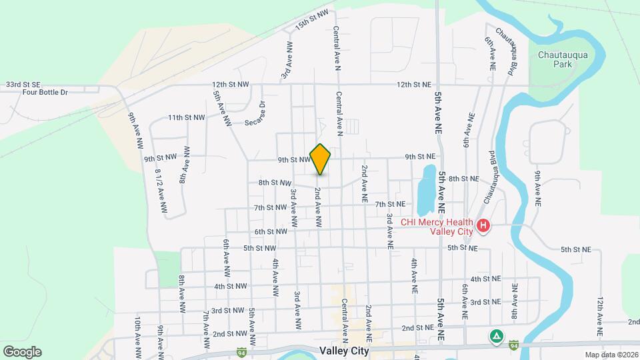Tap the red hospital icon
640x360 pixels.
[483, 227]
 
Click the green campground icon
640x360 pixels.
[495, 335]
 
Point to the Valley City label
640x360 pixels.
[345, 350]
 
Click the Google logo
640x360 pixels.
[21, 351]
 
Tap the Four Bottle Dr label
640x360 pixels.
[46, 93]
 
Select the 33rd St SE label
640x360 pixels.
[23, 85]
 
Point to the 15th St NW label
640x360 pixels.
[313, 19]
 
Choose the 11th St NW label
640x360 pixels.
[186, 117]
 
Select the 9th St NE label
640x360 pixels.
[420, 157]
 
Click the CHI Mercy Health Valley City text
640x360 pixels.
[436, 227]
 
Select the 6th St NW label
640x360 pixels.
[271, 231]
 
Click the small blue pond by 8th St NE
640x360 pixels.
[425, 187]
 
